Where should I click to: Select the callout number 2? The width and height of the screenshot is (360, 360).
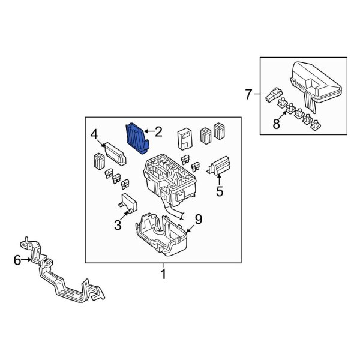[x=158, y=131]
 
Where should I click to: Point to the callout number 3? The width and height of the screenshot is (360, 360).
[x=118, y=225]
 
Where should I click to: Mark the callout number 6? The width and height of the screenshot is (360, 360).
[x=17, y=260]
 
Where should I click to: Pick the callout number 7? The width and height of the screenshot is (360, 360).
[x=249, y=94]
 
